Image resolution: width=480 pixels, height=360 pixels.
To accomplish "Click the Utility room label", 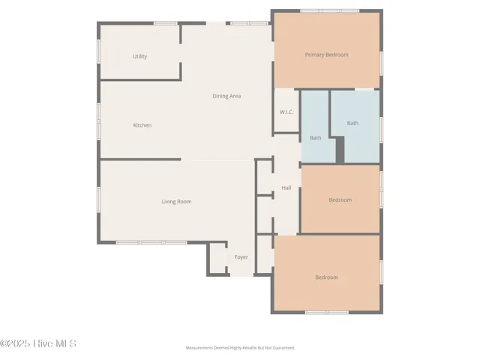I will point(139,56).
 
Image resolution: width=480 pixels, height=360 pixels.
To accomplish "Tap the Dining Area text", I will point(226,96).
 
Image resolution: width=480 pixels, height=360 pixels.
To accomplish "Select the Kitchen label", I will point(142,125).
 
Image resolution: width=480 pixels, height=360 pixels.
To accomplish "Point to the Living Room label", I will point(176,201).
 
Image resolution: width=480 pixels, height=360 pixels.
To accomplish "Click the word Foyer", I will point(241,257).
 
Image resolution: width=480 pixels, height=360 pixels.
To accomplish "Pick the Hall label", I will point(286,187).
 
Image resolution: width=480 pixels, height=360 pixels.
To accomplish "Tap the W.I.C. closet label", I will point(286,112).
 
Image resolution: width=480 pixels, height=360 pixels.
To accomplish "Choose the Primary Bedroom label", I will point(326,55).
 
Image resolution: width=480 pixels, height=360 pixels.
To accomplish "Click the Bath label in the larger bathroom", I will point(352,123).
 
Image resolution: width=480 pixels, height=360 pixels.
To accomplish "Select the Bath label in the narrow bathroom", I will point(315,138).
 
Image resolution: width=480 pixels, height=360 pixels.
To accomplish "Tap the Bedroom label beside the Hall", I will point(340,199).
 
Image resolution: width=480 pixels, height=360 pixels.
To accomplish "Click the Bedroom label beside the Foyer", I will point(326,277).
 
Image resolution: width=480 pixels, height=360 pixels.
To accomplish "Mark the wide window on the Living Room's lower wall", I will point(151,242).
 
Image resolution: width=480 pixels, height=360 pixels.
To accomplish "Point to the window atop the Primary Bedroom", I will point(328,10).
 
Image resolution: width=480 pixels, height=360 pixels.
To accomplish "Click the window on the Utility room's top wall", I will point(165,23).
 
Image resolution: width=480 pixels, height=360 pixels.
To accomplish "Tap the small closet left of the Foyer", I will point(217,259).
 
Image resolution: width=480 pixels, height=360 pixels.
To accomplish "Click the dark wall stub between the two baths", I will point(340,149).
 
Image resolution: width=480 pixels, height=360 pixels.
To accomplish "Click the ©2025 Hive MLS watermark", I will point(38,343).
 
